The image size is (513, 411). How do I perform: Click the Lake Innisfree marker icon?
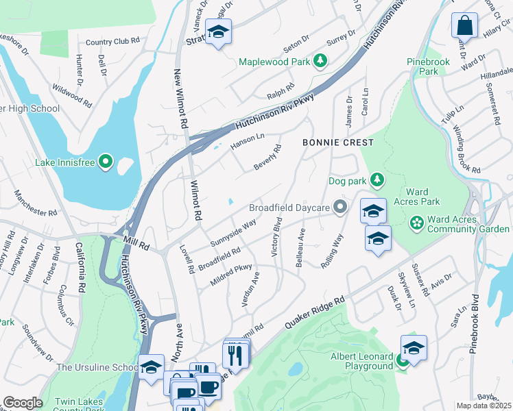tap(105, 162)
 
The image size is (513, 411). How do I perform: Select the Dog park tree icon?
tap(377, 181)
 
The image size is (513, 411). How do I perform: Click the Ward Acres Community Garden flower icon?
tap(416, 223)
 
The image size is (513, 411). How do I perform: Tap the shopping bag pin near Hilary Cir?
tap(464, 26)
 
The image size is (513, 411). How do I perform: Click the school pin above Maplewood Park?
tap(218, 32)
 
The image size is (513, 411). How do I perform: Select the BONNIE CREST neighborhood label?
tap(339, 142)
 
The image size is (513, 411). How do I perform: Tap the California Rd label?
tap(80, 268)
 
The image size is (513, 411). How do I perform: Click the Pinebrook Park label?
tap(429, 66)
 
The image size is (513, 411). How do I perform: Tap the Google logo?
tap(22, 403)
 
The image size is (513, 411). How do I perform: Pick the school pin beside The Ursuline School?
tap(151, 366)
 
